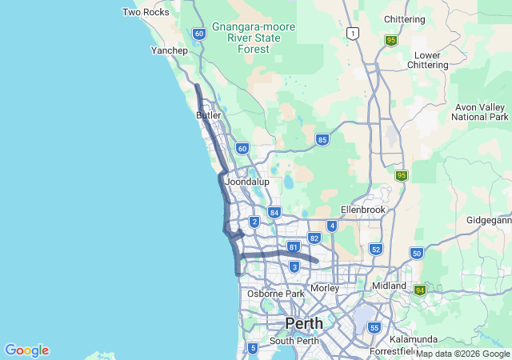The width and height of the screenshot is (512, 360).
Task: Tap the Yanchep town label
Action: click(x=169, y=50)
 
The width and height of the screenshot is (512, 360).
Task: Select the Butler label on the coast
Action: click(x=208, y=115)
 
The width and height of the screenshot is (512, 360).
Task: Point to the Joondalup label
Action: click(x=246, y=182)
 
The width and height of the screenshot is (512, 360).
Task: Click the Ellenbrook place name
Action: click(x=362, y=209)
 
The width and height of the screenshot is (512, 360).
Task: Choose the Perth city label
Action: click(x=304, y=323)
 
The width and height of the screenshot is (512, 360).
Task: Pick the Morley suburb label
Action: click(x=324, y=288)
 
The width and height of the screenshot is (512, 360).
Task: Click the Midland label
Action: click(x=389, y=286)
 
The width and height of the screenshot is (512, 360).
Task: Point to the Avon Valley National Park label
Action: click(x=480, y=112)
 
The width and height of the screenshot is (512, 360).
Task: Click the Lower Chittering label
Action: click(x=428, y=61)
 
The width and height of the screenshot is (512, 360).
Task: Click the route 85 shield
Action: click(x=322, y=139)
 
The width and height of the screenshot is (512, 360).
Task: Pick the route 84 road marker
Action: click(x=274, y=212)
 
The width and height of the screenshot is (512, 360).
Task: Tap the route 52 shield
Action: click(x=376, y=250)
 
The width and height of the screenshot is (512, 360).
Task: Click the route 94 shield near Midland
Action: click(x=419, y=290)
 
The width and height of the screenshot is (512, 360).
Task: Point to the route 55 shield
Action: click(x=374, y=327)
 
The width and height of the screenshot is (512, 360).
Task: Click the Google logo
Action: click(x=26, y=350)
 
